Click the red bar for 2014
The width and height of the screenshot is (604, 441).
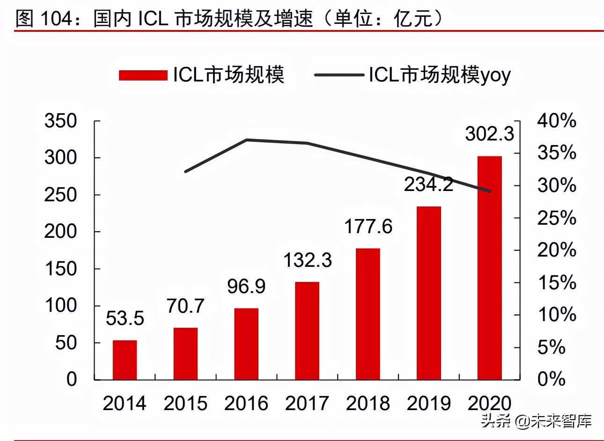(125, 360)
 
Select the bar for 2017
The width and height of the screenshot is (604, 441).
(307, 331)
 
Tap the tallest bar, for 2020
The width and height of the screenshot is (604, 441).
(489, 268)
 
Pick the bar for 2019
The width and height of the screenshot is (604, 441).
(428, 293)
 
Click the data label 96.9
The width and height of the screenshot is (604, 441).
(246, 287)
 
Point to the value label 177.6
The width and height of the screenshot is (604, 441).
(368, 227)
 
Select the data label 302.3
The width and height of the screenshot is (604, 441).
(489, 134)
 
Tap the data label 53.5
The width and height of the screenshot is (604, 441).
(125, 318)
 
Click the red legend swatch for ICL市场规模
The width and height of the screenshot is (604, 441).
(143, 75)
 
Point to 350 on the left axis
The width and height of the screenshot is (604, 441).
(60, 121)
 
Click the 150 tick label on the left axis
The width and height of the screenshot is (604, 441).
(60, 269)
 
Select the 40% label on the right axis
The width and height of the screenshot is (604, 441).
(556, 121)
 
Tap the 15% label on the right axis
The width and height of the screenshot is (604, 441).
(556, 283)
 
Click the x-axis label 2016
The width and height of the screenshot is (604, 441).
(246, 404)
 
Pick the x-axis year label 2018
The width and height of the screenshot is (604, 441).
(368, 404)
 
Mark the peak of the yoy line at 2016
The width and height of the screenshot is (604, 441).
(247, 140)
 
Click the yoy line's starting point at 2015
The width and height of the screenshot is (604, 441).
(186, 171)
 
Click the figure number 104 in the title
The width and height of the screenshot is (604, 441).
(56, 19)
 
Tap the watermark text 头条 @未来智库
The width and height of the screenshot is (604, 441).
(537, 421)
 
